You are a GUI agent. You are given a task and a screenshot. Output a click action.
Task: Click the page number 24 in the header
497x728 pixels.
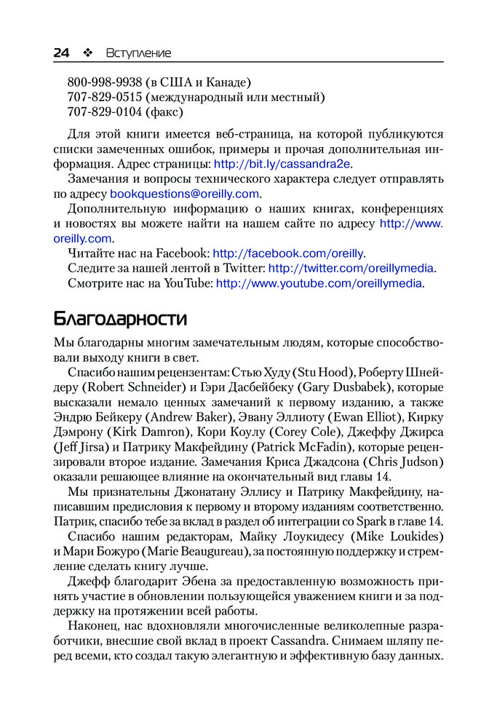[x=61, y=52]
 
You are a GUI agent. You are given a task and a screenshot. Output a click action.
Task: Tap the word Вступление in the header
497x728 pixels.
[x=138, y=52]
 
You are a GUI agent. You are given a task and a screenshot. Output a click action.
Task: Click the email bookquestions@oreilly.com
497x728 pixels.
[x=184, y=194]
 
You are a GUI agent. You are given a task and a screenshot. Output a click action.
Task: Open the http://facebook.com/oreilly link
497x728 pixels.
[x=288, y=253]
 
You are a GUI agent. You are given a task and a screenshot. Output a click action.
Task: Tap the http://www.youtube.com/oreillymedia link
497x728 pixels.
[x=319, y=283]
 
